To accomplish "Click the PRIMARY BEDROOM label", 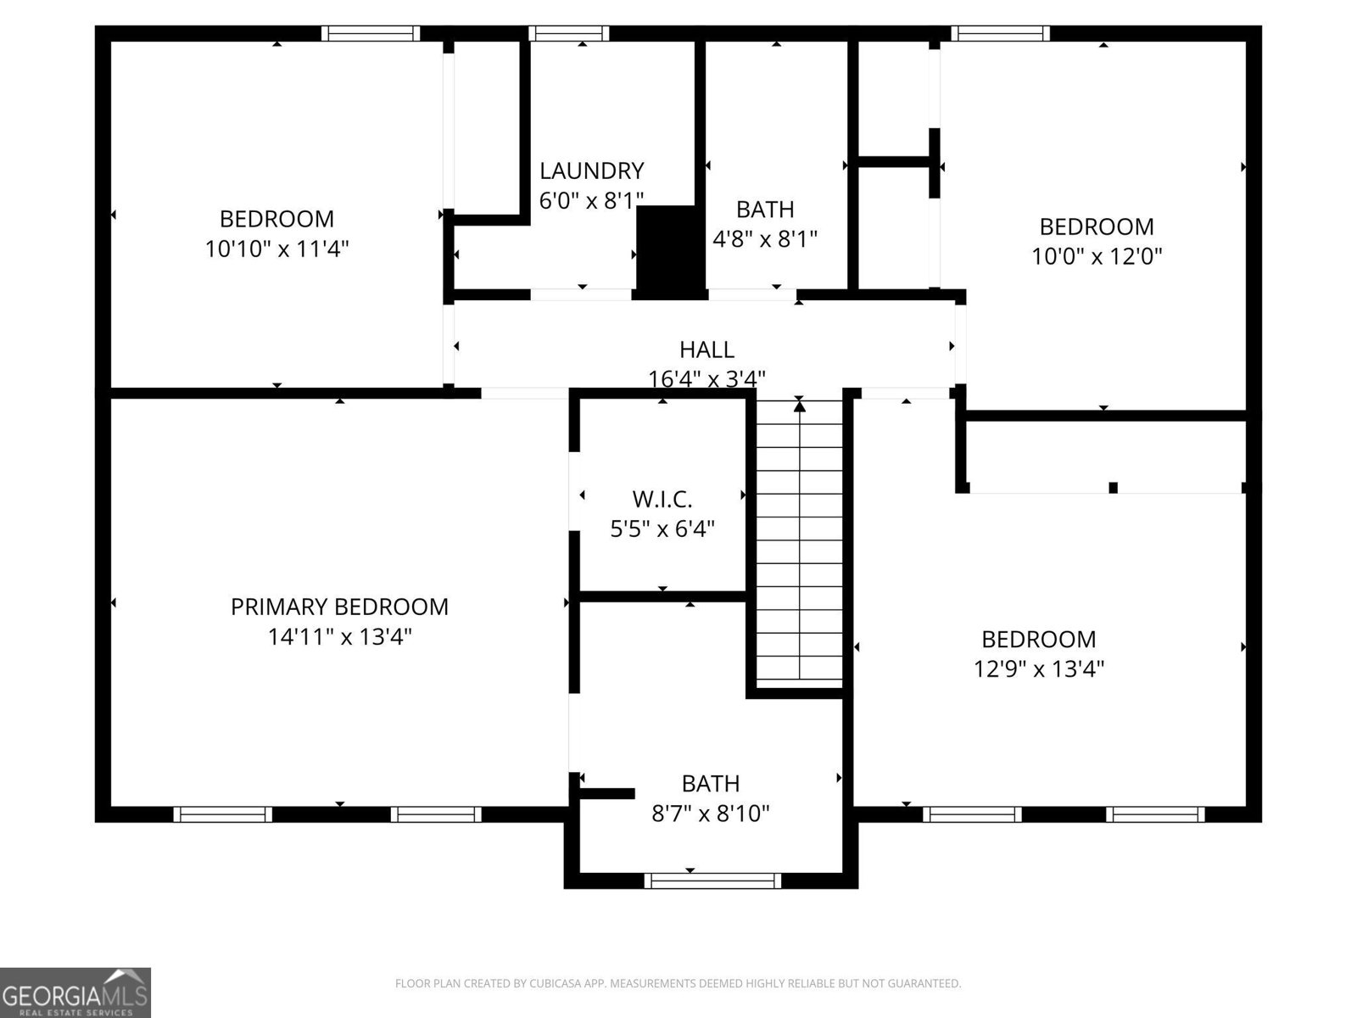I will tap(339, 607).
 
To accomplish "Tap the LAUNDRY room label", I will tap(591, 171).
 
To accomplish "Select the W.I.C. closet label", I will tap(662, 499).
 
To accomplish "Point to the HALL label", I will tap(706, 350).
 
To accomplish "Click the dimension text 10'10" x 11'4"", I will tap(276, 249).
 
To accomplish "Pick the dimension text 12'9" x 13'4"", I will tap(1039, 668).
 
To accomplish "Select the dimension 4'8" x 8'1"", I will tap(764, 239).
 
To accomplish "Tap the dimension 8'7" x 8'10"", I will tap(710, 814).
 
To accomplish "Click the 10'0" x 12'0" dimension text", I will tap(1097, 256).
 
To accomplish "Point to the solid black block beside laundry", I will tap(670, 252).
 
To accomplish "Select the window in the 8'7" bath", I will tap(712, 881).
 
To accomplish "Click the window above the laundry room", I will tap(568, 34).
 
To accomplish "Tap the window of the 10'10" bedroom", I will tap(371, 34).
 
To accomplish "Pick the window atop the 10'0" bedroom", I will tap(1000, 34).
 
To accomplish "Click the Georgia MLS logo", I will tap(75, 992).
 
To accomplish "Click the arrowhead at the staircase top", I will tap(799, 406).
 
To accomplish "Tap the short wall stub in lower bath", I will tap(607, 793).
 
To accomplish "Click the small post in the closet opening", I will tap(1113, 487).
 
